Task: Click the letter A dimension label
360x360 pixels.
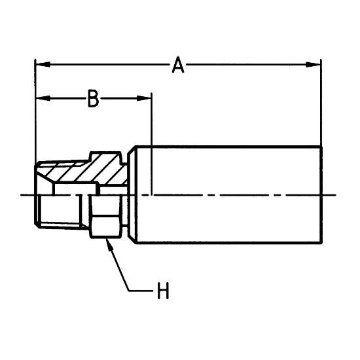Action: coord(178,65)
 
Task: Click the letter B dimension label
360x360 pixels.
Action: coord(94,98)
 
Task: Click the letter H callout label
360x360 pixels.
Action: coord(163,291)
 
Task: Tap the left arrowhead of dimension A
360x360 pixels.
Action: coord(43,65)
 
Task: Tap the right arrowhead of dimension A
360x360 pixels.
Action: coord(313,65)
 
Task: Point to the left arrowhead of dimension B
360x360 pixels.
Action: coord(43,98)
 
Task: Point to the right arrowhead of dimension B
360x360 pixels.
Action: coord(144,98)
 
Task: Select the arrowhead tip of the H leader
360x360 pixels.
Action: coord(106,240)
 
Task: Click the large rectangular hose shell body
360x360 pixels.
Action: coord(229,194)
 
